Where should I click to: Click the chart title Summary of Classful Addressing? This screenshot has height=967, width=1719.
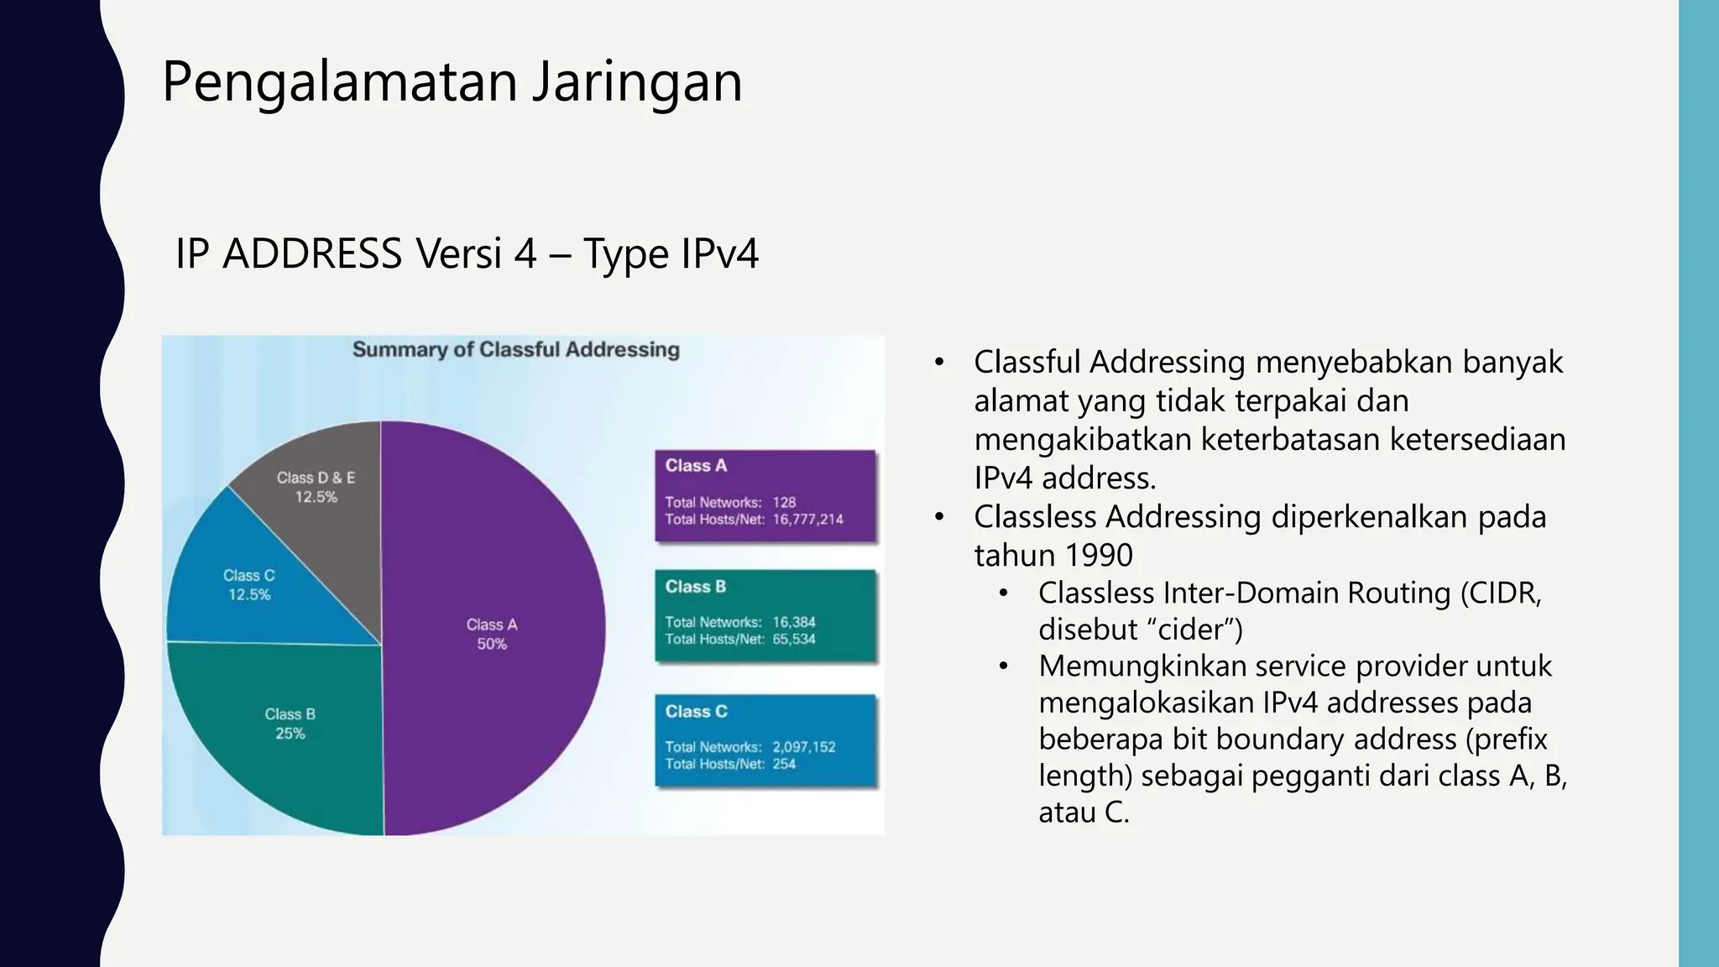point(515,350)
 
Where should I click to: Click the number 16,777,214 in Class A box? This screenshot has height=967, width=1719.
point(807,520)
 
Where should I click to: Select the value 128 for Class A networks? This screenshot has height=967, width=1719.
point(784,503)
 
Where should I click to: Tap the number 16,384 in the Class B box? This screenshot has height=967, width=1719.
point(793,622)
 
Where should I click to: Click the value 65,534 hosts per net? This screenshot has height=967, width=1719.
point(793,639)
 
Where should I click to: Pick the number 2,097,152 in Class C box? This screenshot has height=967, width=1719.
point(803,747)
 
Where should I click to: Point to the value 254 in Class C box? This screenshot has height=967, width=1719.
point(784,764)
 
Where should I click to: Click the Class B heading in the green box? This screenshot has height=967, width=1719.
point(695,587)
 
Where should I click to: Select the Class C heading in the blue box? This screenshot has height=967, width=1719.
point(696,712)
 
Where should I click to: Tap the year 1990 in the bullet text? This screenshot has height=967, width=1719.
point(1095,556)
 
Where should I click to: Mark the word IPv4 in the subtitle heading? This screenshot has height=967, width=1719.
point(719,254)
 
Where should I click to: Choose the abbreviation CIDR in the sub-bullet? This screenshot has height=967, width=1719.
point(1505,593)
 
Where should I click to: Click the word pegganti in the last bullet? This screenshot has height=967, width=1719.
point(1310,776)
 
